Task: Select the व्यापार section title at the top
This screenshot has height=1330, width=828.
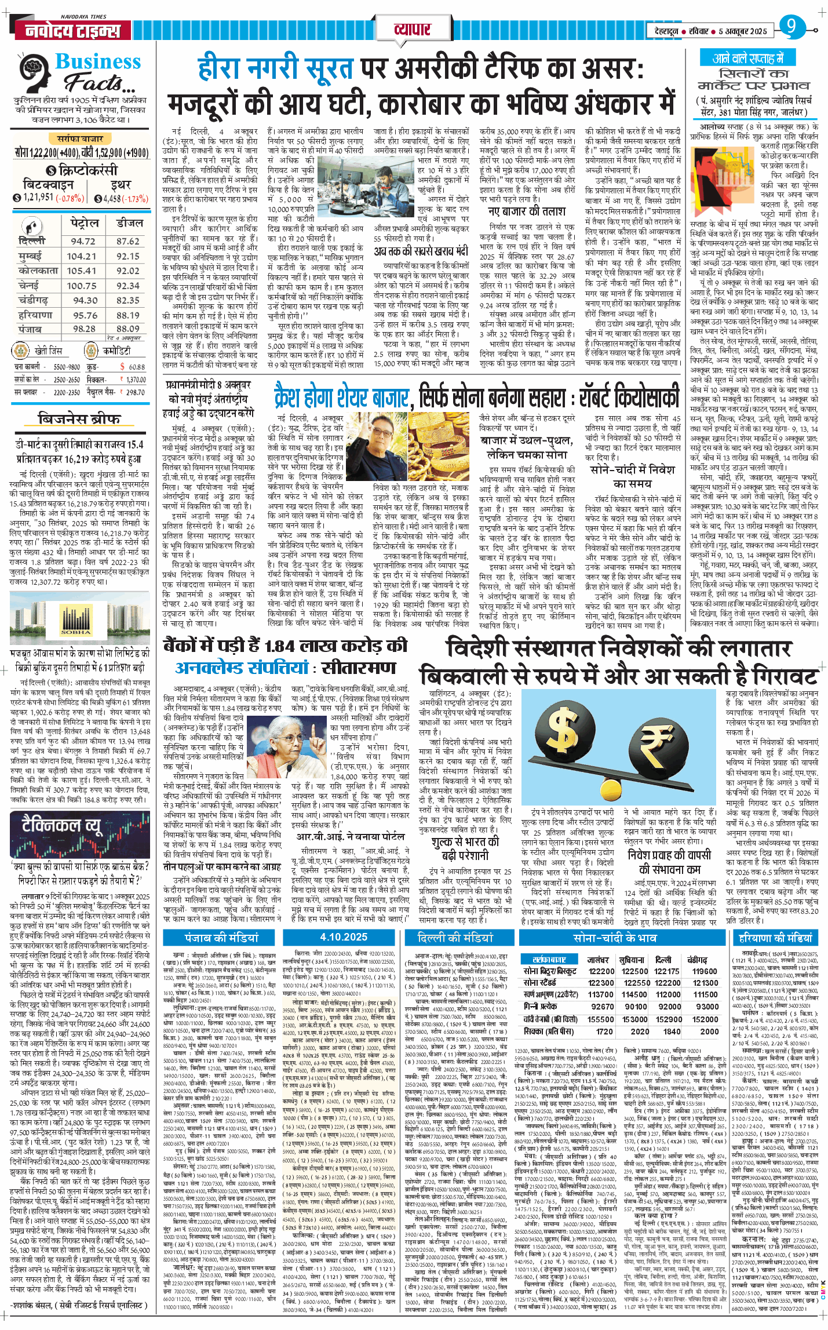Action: pos(413,29)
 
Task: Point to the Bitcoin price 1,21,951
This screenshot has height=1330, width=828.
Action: pos(38,198)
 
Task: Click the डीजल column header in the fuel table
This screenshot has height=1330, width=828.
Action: pos(129,223)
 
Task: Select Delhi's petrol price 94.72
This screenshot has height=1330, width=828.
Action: pos(83,242)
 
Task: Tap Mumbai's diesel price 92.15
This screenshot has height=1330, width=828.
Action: pos(128,256)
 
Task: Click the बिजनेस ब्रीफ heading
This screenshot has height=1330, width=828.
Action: pos(79,418)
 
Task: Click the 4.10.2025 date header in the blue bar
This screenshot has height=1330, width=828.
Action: pos(344,937)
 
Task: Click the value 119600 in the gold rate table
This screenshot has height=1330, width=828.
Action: pos(705,971)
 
